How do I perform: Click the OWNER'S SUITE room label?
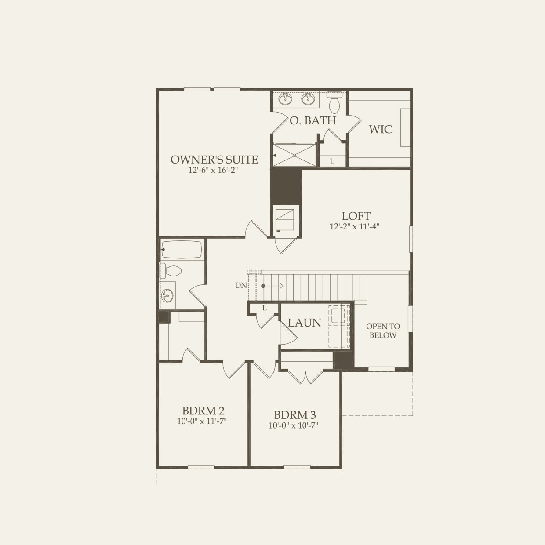click(214, 160)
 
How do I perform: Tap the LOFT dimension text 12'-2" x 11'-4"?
click(354, 227)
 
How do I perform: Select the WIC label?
click(380, 129)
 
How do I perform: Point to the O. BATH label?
click(312, 120)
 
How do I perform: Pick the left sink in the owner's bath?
click(285, 99)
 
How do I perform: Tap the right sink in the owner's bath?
click(309, 99)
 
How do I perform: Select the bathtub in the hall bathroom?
click(182, 250)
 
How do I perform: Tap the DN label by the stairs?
click(241, 285)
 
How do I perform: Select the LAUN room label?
click(305, 323)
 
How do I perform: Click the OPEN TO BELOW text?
click(383, 331)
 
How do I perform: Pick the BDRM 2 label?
click(203, 411)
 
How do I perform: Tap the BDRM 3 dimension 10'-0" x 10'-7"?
click(293, 425)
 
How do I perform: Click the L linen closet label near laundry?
click(264, 308)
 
